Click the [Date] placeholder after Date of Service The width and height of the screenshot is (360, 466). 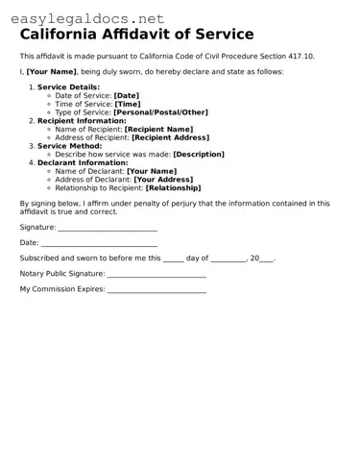click(127, 96)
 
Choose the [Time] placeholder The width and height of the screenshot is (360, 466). click(128, 104)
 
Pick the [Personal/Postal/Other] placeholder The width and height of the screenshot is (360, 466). click(160, 112)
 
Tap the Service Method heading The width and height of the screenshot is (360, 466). click(71, 146)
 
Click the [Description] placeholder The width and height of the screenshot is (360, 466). click(199, 154)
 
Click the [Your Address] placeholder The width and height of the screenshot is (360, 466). click(164, 180)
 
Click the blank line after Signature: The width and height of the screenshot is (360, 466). click(108, 229)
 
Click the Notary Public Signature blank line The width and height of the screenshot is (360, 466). click(156, 274)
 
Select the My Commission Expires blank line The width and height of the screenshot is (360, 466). click(156, 289)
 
